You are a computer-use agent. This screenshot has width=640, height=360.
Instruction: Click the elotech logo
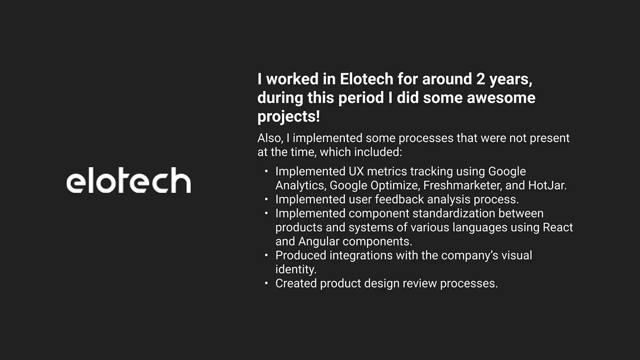pyautogui.click(x=128, y=180)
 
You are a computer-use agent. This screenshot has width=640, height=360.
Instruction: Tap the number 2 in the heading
pyautogui.click(x=480, y=79)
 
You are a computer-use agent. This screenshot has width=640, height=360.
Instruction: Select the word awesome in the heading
pyautogui.click(x=501, y=98)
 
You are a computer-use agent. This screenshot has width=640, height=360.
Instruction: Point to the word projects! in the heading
pyautogui.click(x=288, y=117)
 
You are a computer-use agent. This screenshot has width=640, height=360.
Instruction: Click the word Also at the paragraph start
pyautogui.click(x=270, y=138)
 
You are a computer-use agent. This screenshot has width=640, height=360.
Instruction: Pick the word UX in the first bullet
pyautogui.click(x=356, y=172)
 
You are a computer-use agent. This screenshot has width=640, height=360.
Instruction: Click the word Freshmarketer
pyautogui.click(x=463, y=185)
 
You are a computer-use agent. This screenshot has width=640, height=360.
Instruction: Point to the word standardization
pyautogui.click(x=453, y=213)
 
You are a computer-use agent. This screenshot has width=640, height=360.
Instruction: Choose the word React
pyautogui.click(x=558, y=228)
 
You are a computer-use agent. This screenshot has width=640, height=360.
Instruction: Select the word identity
pyautogui.click(x=296, y=270)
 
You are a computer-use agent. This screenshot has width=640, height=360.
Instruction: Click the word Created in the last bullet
pyautogui.click(x=296, y=284)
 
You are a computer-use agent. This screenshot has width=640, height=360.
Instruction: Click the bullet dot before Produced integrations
pyautogui.click(x=266, y=255)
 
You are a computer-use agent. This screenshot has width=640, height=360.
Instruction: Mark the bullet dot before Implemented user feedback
pyautogui.click(x=266, y=199)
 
